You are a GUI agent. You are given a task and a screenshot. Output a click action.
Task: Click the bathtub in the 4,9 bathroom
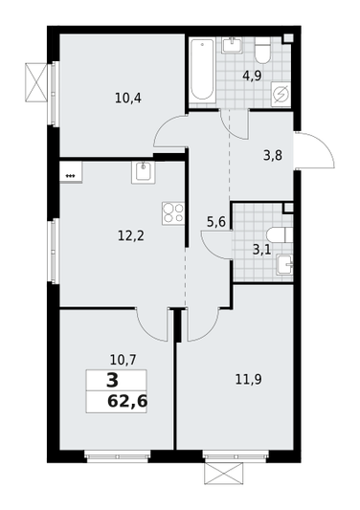point(202,70)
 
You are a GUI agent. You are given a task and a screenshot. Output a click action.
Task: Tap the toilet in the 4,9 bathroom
point(262,51)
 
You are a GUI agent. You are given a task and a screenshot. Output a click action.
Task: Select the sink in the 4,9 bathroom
point(233,45)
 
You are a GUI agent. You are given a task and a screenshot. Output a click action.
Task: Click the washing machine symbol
point(281,94)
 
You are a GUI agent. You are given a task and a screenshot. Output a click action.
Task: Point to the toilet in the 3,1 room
point(279,234)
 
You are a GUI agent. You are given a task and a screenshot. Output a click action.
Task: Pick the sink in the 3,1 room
point(284,264)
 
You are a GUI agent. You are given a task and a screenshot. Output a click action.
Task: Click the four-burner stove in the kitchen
point(173,213)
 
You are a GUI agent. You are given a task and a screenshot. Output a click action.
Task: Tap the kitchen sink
point(144,172)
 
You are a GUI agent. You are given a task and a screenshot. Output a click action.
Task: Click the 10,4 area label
point(128,98)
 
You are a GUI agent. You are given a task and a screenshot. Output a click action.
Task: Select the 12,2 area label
point(130,235)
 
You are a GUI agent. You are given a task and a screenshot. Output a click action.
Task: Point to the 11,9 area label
point(248,379)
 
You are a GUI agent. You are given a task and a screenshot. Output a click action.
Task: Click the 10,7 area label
point(123,360)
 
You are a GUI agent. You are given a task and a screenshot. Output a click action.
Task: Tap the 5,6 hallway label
point(216,223)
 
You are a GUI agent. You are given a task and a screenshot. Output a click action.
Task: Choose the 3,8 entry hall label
point(273,156)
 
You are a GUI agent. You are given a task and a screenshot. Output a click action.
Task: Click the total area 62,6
point(127,401)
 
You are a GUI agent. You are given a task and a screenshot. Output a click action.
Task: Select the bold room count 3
point(113,381)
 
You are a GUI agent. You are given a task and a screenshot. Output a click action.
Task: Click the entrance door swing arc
point(323,145)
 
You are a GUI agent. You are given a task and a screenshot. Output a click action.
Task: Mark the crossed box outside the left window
point(36,82)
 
